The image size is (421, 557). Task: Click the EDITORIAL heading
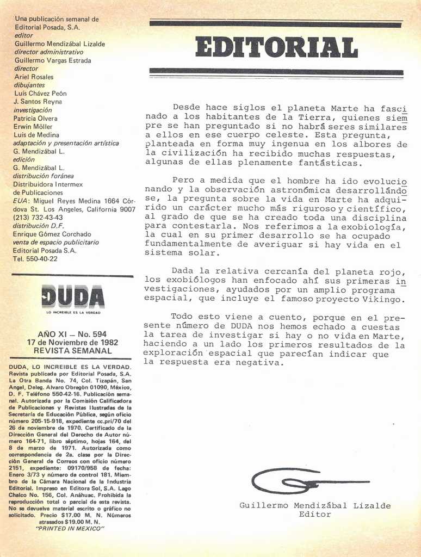point(276,47)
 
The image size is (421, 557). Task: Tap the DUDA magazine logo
point(73,296)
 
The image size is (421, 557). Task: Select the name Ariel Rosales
point(34,77)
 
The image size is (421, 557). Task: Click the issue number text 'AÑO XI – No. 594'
point(72,334)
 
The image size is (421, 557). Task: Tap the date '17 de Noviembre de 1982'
point(72,343)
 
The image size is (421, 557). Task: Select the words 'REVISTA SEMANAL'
point(72,351)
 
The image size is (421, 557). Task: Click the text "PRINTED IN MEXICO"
point(70,528)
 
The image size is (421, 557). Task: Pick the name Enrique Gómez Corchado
point(52,234)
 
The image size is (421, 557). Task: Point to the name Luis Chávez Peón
point(40,94)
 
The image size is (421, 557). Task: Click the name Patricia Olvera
point(35,119)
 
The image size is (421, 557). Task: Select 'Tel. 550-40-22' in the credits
point(35,259)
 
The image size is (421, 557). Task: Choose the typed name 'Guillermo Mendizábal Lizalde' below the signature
point(315,505)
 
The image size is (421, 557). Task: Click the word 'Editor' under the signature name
point(315,515)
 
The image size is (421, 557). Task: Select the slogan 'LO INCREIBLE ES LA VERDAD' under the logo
point(73,312)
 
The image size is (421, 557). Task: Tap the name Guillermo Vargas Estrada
point(53,60)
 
